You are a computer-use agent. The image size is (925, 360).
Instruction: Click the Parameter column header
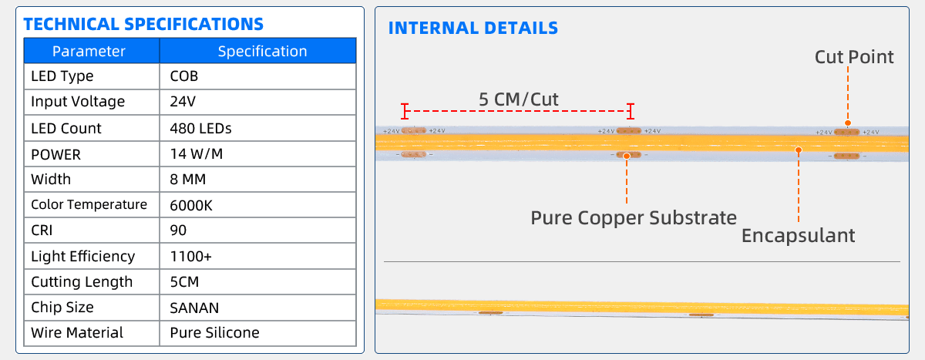point(89,51)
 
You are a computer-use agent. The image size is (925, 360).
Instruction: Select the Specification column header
point(262,51)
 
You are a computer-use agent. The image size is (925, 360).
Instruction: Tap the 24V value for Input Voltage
point(183,102)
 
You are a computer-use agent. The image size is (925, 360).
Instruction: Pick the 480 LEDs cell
point(200,129)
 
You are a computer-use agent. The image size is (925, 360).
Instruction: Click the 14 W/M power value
point(196,154)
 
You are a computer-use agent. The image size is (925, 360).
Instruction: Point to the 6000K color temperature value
point(191,205)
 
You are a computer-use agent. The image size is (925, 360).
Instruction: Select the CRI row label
point(42,230)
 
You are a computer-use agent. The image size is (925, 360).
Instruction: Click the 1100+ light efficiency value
point(191,257)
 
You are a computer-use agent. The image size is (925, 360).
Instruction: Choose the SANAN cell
point(194,308)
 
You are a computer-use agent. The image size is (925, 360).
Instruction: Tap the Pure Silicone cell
point(215,333)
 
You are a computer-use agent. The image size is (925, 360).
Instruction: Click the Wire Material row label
point(77,333)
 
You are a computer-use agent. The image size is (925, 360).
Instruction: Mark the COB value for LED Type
point(183,76)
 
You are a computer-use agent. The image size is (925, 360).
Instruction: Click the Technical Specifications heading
point(143,25)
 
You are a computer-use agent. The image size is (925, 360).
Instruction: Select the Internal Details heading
point(473,28)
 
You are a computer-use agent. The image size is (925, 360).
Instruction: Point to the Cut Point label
point(854,57)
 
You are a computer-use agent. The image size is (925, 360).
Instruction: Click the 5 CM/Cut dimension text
point(519,99)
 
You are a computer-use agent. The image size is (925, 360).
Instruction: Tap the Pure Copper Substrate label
point(634,218)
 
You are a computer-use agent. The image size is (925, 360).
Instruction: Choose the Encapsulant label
point(799,236)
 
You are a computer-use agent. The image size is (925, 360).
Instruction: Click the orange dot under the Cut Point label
point(848,123)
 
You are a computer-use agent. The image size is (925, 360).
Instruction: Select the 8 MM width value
point(188,180)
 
